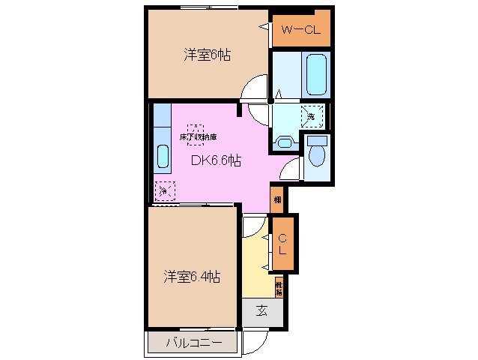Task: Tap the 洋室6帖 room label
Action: pos(207,55)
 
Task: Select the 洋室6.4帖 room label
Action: pos(193,277)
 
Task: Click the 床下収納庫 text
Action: pos(198,138)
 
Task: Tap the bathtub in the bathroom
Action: pos(315,73)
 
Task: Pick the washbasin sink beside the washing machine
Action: pos(285,142)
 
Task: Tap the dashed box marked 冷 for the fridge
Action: pos(163,190)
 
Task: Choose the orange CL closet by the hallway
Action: pos(282,243)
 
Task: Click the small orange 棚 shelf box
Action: pos(277,199)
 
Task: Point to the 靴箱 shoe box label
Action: pos(278,288)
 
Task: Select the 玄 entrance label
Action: pos(263,310)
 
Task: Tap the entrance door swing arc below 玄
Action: pos(254,340)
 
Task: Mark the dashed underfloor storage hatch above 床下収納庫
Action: pos(196,127)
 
